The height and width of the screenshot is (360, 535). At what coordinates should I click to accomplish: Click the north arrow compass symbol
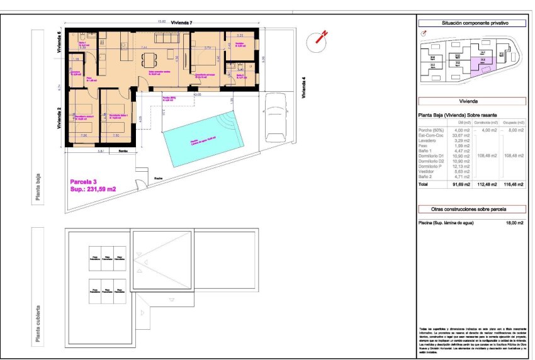pyautogui.click(x=319, y=39)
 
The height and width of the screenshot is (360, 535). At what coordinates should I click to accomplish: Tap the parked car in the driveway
pyautogui.click(x=275, y=118)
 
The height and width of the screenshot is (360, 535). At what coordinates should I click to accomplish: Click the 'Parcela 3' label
pyautogui.click(x=84, y=181)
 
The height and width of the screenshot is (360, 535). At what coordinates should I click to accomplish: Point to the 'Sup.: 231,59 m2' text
pyautogui.click(x=93, y=189)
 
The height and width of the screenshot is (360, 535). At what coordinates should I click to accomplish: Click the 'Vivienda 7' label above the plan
pyautogui.click(x=176, y=23)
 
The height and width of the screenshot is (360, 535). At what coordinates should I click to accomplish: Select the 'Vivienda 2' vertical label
pyautogui.click(x=59, y=117)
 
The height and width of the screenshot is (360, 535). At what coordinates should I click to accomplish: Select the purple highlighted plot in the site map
pyautogui.click(x=481, y=64)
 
